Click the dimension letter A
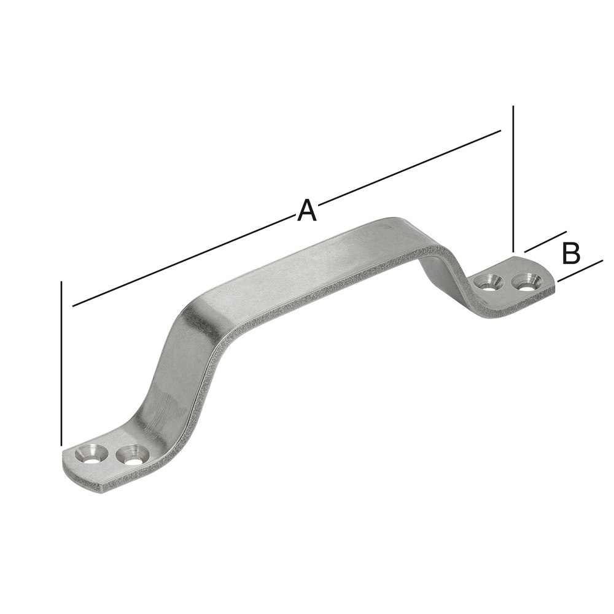(x=306, y=210)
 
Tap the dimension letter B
(x=571, y=253)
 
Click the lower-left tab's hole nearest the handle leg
(x=130, y=456)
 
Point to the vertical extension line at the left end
(x=62, y=362)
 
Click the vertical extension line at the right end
(x=512, y=178)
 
